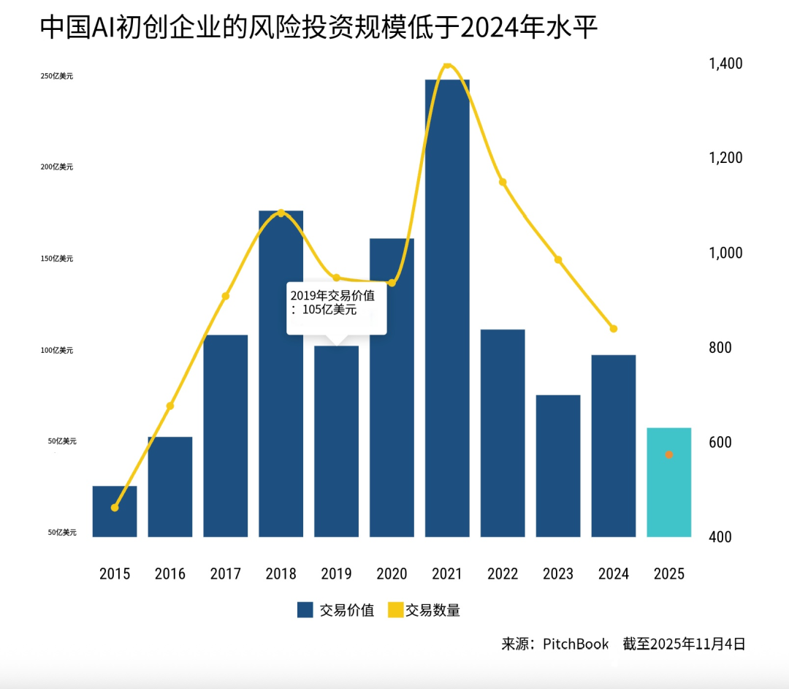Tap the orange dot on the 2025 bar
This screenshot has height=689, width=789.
tap(668, 454)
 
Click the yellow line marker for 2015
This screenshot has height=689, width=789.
tap(115, 507)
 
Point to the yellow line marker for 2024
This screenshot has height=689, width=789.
tap(614, 329)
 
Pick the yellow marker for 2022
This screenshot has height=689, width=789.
tap(503, 182)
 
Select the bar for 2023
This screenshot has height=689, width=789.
tap(558, 468)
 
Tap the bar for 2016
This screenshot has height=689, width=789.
tap(169, 487)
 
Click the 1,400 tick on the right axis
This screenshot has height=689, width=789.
tap(725, 64)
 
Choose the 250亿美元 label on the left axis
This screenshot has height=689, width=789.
tap(57, 76)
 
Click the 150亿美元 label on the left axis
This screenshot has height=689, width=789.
tap(57, 259)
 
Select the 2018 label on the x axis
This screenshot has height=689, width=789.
tap(281, 574)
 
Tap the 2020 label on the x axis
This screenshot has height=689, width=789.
tap(392, 574)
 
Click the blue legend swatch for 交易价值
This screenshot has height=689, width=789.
tap(305, 610)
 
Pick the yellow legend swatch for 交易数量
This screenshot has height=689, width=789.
tap(395, 610)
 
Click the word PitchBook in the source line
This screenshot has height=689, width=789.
tap(575, 644)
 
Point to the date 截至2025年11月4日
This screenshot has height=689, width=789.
tap(684, 644)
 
